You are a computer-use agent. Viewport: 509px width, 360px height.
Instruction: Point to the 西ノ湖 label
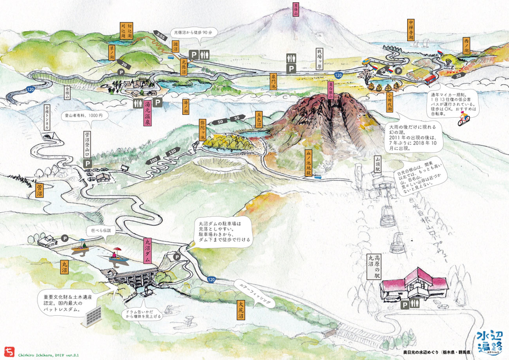(x=466, y=46)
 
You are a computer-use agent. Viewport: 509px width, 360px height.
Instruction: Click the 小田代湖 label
(x=390, y=102)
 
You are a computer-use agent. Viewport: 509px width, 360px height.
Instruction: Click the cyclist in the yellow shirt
(x=464, y=119)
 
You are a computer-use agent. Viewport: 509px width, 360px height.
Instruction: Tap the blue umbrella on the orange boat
(x=83, y=241)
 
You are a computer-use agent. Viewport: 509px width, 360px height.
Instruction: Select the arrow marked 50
(x=218, y=122)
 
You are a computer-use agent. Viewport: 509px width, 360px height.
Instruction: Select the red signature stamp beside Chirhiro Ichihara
(x=8, y=352)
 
